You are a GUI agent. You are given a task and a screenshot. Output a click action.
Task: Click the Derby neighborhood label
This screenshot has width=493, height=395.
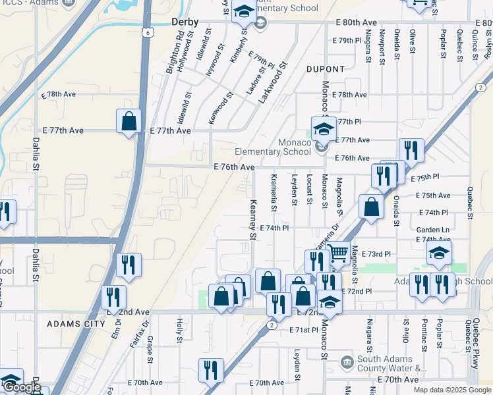point(185,22)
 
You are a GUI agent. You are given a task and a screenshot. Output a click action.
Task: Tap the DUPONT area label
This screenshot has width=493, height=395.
point(325,69)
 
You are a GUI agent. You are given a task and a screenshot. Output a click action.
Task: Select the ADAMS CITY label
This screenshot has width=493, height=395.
point(76,324)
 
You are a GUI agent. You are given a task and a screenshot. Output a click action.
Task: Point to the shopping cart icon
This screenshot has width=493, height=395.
point(337,251)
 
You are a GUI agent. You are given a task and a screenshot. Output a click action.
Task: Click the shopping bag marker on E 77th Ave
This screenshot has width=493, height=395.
point(129,122)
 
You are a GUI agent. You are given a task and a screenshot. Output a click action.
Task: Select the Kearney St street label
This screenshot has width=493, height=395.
point(252,220)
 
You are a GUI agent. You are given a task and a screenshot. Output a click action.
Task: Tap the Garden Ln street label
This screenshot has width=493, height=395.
point(432,229)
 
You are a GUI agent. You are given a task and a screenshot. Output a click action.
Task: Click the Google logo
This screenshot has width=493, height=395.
point(22,387)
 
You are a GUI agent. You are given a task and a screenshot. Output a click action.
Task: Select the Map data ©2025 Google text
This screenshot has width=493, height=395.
point(451,390)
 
